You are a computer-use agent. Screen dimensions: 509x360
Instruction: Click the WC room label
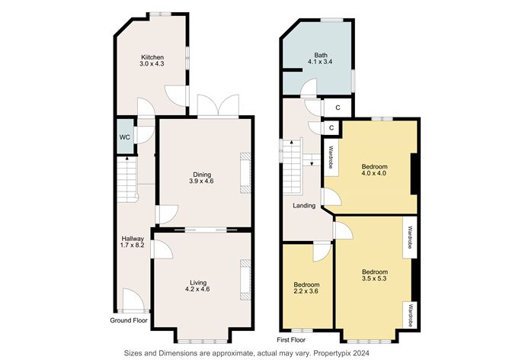125,137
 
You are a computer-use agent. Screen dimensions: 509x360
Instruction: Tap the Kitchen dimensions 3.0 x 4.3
152,63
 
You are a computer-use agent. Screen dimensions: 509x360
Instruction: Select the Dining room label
202,175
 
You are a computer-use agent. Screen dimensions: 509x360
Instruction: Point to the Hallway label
133,239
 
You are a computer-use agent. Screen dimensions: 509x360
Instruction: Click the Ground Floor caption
129,320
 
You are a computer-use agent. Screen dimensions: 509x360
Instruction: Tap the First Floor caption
291,340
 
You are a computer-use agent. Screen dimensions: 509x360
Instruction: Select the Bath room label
321,55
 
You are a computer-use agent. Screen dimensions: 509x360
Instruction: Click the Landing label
304,206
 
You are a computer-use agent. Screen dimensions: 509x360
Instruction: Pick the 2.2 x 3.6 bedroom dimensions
306,291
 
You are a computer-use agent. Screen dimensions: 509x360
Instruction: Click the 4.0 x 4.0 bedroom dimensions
374,173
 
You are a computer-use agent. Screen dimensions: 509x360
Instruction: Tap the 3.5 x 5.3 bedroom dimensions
374,278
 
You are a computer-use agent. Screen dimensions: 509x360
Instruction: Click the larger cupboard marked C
338,108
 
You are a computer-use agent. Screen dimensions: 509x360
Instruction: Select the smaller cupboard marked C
331,128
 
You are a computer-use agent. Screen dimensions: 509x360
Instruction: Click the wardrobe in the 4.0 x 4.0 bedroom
331,158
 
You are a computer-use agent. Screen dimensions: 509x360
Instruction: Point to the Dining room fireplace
245,173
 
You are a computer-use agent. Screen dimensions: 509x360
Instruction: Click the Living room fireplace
245,279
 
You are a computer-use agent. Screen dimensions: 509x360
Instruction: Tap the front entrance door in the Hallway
133,301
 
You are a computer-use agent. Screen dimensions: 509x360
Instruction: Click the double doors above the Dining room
218,105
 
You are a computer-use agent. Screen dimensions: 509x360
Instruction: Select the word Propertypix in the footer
336,353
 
